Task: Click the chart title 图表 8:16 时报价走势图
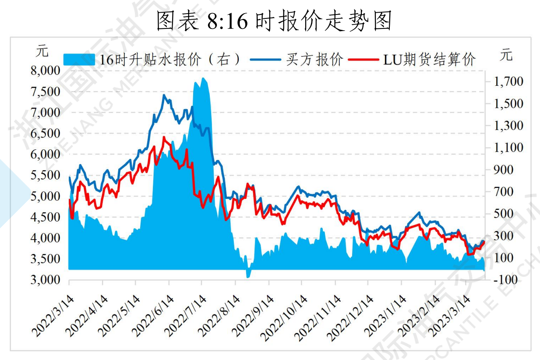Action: click(x=274, y=21)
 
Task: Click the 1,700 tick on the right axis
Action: click(x=508, y=81)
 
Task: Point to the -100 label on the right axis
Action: click(x=508, y=280)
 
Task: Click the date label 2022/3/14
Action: click(x=53, y=315)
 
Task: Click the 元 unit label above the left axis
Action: click(x=42, y=51)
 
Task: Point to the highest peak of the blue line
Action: click(x=164, y=95)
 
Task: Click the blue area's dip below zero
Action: click(x=248, y=275)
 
